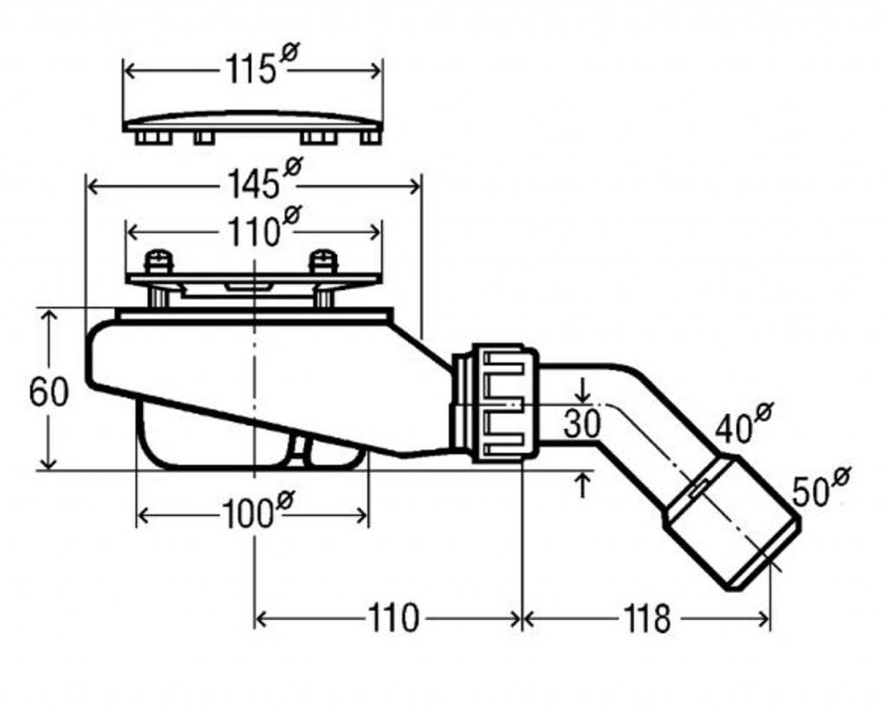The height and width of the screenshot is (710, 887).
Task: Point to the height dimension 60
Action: [x=49, y=391]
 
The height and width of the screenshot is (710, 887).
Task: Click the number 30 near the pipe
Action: [x=582, y=424]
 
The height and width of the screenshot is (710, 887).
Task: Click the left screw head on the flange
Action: [x=158, y=261]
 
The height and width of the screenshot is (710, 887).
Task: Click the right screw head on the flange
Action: [x=324, y=261]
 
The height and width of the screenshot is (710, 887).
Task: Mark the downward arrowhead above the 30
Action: [x=583, y=397]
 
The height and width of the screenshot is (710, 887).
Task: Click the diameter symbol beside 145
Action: [x=293, y=167]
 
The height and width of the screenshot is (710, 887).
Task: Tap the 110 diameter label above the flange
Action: [x=263, y=226]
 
